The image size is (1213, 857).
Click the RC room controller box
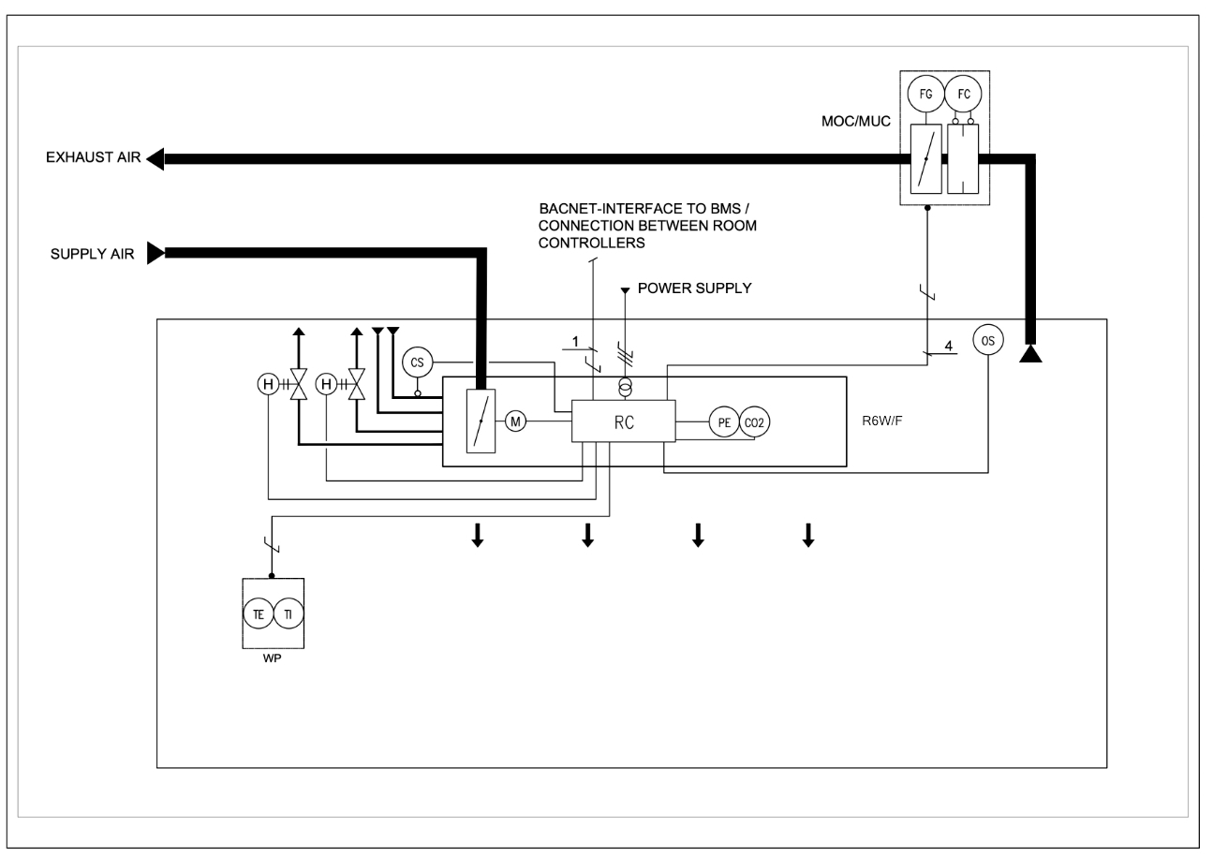pos(624,421)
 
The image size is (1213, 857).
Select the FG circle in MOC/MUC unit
pos(925,94)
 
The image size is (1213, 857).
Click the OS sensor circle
pos(988,339)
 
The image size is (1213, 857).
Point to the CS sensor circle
pos(418,362)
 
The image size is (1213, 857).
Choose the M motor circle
pos(516,421)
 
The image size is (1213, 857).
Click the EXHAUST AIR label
pos(94,158)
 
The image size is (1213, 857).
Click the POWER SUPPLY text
pos(694,288)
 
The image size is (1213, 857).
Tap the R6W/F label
pos(882,421)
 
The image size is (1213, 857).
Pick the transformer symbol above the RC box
pos(626,388)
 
